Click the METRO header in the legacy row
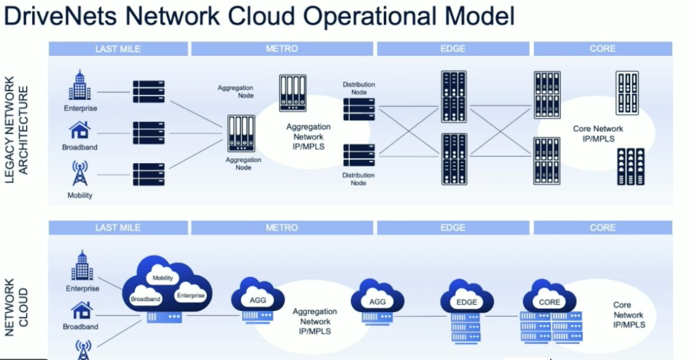pos(282,48)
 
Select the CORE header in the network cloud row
pos(602,228)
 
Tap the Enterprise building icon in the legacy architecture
pos(80,86)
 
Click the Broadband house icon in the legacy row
pos(81,130)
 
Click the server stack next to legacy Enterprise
pos(148,91)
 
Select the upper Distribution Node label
pos(359,88)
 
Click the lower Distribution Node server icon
pos(359,155)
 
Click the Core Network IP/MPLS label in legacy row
pos(598,133)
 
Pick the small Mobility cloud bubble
pos(163,278)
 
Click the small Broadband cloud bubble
pos(145,298)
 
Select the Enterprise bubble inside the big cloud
pos(190,295)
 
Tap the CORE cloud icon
pos(549,301)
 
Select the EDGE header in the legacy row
pos(453,48)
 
